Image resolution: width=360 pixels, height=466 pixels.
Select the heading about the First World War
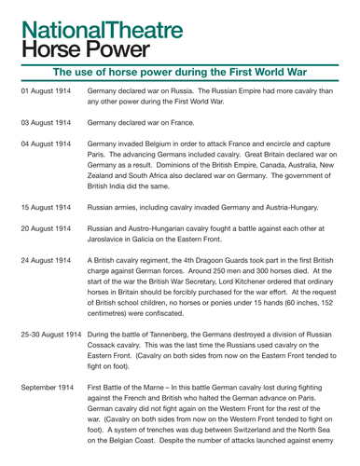click(180, 72)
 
